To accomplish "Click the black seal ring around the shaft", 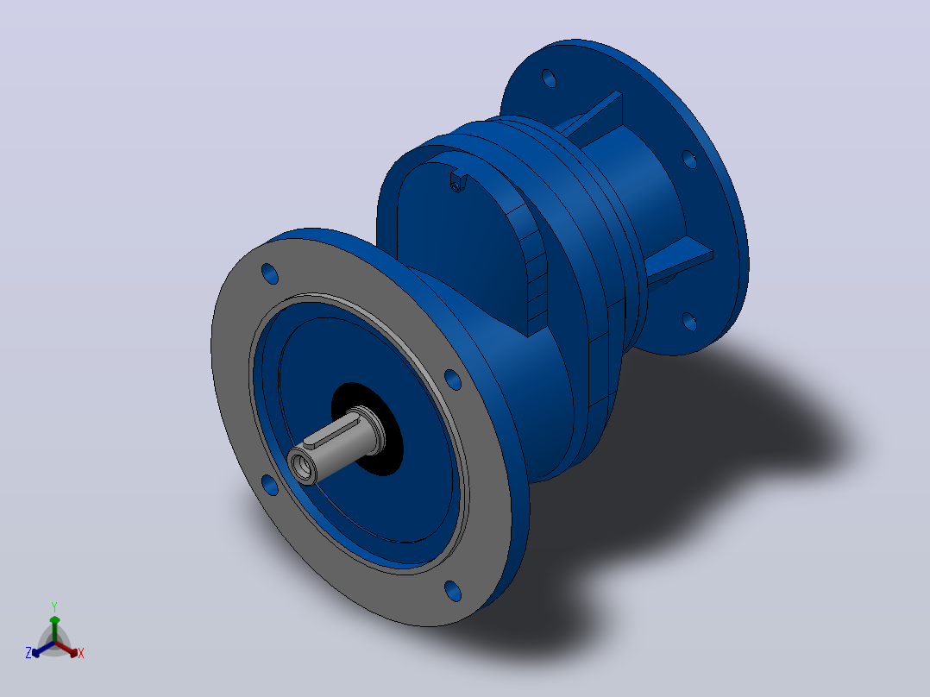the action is tap(368, 428).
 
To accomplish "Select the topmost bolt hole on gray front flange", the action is tap(270, 273).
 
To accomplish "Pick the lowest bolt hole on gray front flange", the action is tap(453, 591).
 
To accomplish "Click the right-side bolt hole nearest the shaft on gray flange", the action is tap(453, 380).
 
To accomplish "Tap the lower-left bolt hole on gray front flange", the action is tap(270, 485).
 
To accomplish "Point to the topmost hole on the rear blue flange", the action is tap(550, 78).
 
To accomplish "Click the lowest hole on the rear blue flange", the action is tap(689, 321).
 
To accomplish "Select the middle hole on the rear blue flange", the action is tap(689, 159).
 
